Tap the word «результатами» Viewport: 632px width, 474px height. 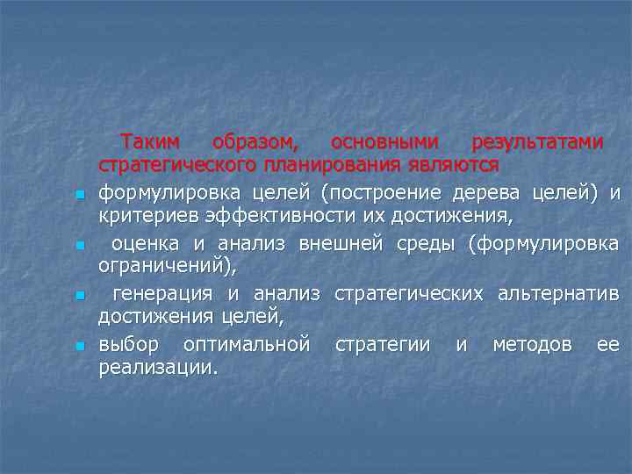click(537, 142)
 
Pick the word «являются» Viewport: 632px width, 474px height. click(456, 165)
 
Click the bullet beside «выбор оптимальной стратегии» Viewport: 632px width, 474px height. click(79, 348)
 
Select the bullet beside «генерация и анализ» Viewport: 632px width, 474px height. click(79, 297)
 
